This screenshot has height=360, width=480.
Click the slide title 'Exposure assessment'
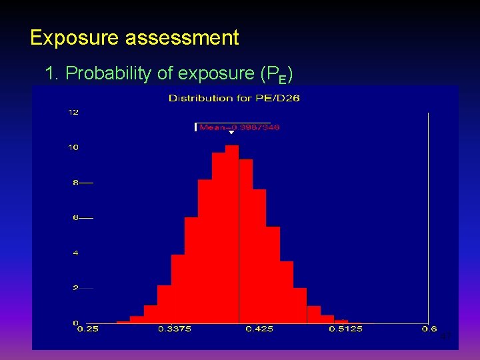[x=134, y=38]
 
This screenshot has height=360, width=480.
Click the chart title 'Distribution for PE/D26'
[x=234, y=99]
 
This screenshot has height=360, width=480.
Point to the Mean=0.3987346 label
[x=239, y=127]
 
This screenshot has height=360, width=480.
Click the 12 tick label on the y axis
[x=73, y=112]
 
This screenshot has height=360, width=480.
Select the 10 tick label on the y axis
[x=73, y=147]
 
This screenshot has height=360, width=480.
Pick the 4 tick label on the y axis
[x=75, y=253]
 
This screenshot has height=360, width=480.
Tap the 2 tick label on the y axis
[x=75, y=288]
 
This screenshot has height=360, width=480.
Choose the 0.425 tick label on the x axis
[x=259, y=329]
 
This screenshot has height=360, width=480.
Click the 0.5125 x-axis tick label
[x=346, y=329]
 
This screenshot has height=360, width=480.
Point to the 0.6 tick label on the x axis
[x=428, y=329]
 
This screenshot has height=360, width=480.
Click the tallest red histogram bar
[x=231, y=233]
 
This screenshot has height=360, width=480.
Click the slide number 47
[x=446, y=337]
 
